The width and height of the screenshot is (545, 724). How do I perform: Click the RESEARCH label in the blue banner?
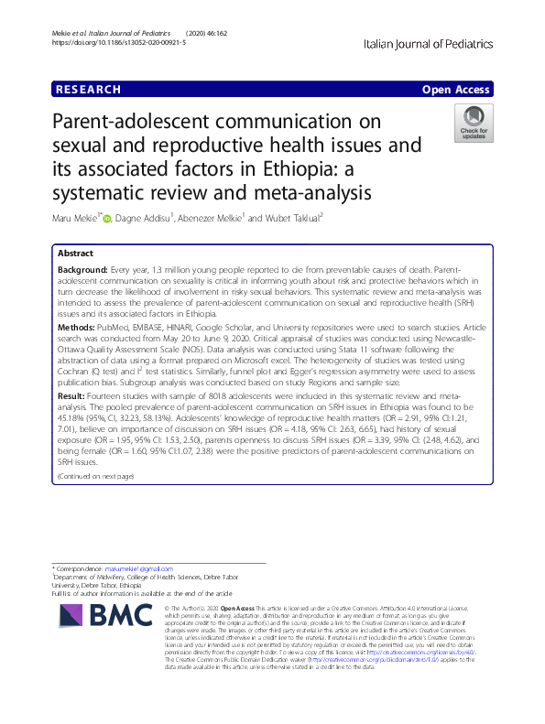pos(88,90)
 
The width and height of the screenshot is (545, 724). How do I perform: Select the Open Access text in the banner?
pos(458,90)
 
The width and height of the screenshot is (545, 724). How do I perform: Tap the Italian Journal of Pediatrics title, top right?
pos(429,43)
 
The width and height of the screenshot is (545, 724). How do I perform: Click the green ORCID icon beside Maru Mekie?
pos(106,219)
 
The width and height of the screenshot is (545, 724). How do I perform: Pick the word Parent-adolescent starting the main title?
pos(130,122)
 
